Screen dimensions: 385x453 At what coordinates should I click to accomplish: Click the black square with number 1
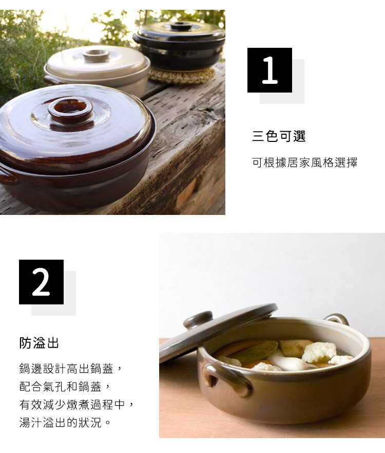pyautogui.click(x=269, y=70)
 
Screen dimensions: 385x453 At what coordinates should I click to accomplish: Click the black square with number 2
pyautogui.click(x=41, y=282)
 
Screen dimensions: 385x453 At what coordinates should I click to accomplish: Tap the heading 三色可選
pyautogui.click(x=279, y=136)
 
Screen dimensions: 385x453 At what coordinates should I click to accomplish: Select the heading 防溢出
pyautogui.click(x=39, y=343)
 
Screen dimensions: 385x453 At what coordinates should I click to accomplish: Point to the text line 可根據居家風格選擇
pyautogui.click(x=305, y=162)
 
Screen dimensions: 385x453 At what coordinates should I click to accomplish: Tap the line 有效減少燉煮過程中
pyautogui.click(x=76, y=405)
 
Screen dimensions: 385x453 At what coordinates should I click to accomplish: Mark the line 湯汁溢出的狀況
pyautogui.click(x=65, y=423)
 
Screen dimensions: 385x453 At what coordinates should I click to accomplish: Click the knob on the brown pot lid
pyautogui.click(x=70, y=111)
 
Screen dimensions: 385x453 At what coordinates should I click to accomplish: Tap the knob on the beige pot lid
pyautogui.click(x=96, y=56)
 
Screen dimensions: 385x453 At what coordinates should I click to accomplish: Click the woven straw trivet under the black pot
pyautogui.click(x=182, y=75)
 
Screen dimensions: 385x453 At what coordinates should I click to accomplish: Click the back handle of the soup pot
pyautogui.click(x=336, y=318)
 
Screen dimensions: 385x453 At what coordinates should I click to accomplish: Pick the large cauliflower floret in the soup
pyautogui.click(x=319, y=352)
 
